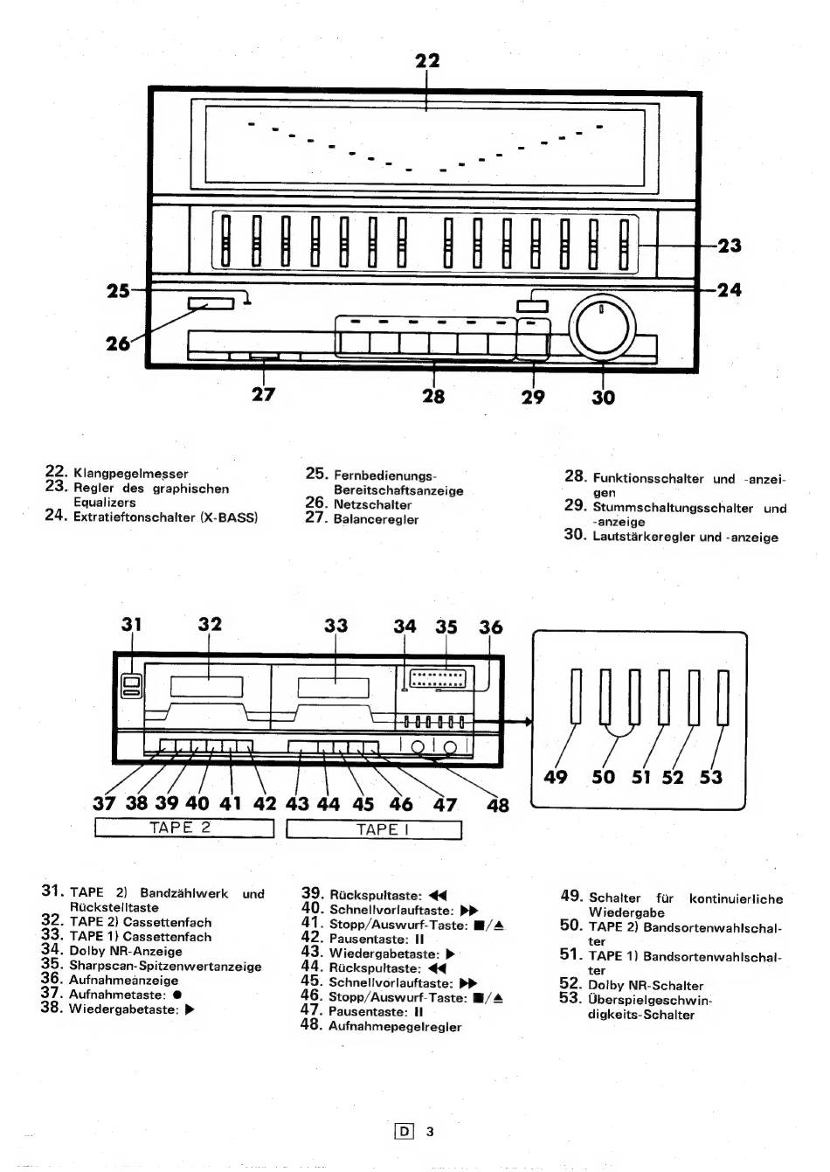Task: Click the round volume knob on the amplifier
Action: pos(603,328)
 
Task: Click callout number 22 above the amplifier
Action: pos(427,60)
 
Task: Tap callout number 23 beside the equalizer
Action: pos(729,245)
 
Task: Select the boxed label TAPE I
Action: pos(374,829)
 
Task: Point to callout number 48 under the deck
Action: pos(497,805)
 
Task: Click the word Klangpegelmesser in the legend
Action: pos(131,474)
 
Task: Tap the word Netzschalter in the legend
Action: pos(372,504)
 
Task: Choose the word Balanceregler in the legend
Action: pos(376,519)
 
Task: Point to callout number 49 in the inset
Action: pos(555,776)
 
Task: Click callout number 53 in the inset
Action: pos(711,776)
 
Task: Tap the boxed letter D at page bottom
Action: pos(404,1132)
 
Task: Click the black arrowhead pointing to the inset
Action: pos(529,722)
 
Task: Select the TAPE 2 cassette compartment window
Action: pos(206,686)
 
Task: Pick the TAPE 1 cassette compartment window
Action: pos(334,687)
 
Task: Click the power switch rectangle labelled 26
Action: pos(211,303)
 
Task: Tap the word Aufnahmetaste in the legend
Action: pos(116,994)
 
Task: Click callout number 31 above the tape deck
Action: pos(132,624)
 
